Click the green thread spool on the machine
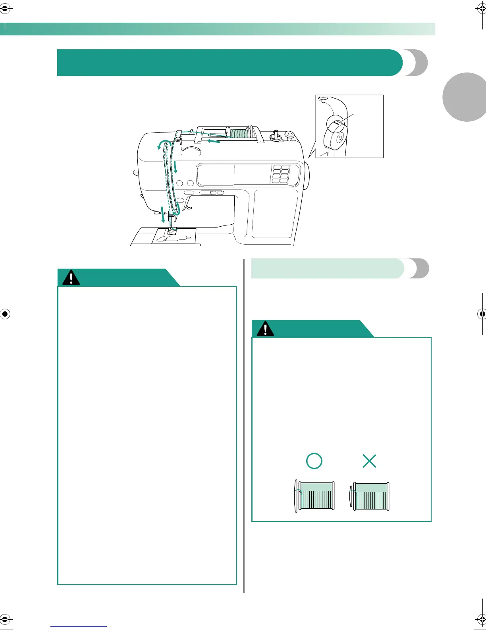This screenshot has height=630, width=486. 238,132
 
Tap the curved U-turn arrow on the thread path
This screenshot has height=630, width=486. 164,144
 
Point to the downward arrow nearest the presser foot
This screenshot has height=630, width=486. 162,215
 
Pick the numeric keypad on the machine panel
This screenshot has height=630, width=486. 280,174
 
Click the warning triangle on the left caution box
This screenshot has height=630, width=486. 71,277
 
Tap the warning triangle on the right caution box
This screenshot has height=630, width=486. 265,329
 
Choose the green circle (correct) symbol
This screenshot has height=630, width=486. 314,461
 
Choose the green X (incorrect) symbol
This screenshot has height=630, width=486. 369,461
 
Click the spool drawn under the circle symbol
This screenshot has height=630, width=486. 315,496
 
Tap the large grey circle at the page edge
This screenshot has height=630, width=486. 467,97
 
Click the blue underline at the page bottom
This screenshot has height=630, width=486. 79,626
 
